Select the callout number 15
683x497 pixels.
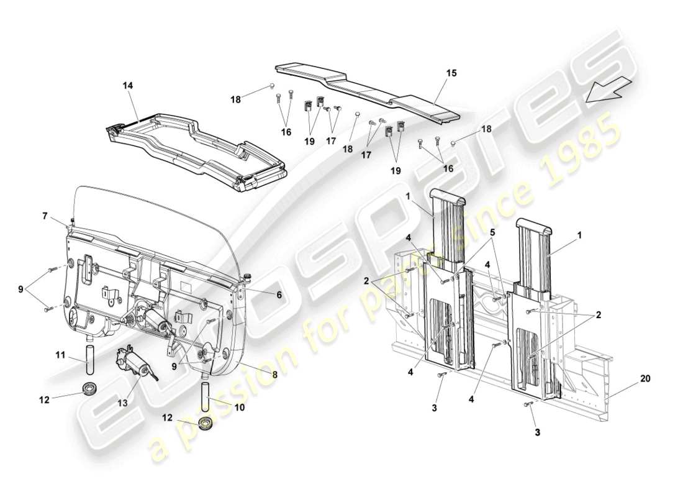451,73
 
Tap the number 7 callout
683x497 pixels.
45,216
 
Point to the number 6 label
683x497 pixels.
279,296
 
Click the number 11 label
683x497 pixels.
60,355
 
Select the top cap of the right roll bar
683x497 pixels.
534,226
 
